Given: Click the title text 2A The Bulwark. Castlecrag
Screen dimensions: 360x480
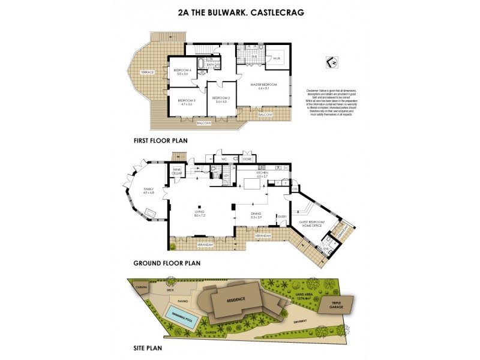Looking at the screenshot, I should [x=239, y=11].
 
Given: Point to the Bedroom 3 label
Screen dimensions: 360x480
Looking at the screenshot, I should [x=186, y=101].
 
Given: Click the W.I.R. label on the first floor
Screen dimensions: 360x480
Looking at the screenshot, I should [x=277, y=58].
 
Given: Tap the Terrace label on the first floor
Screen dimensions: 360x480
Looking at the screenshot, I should [x=147, y=72].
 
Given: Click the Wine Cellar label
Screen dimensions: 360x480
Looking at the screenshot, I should [x=177, y=172].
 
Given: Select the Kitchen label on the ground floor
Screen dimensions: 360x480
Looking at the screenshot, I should [x=262, y=173].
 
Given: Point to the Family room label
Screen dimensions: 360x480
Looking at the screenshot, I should [x=148, y=190].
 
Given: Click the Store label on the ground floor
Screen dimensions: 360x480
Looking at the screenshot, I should [x=246, y=159].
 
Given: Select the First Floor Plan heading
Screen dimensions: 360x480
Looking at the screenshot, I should [x=160, y=140].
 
